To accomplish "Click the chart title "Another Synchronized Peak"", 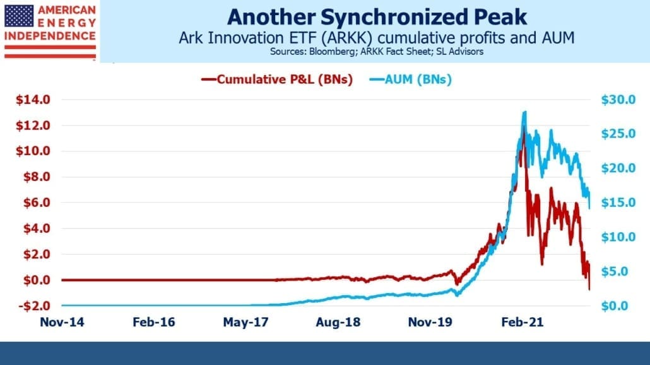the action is tap(377, 18).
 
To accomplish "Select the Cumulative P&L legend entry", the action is tap(277, 79).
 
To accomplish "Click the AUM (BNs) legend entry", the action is tap(410, 79).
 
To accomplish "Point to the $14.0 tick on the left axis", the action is tap(33, 100).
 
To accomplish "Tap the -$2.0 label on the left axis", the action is tap(35, 306).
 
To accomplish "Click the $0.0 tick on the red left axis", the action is tap(37, 280).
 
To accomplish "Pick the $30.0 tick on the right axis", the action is tap(618, 100).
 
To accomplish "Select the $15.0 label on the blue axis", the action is tap(618, 202).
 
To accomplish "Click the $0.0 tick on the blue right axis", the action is tap(615, 306).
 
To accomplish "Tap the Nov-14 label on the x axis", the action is tap(62, 322).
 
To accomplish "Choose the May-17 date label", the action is tap(246, 322).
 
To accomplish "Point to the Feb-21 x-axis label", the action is tap(523, 322).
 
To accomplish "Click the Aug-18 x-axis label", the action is tap(338, 322).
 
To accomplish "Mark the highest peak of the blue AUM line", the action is tap(525, 112).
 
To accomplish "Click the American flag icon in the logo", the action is tap(19, 16).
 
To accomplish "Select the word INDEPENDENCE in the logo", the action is tap(50, 36).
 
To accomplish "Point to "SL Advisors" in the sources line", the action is tap(459, 52).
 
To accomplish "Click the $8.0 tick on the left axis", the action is tap(37, 177).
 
